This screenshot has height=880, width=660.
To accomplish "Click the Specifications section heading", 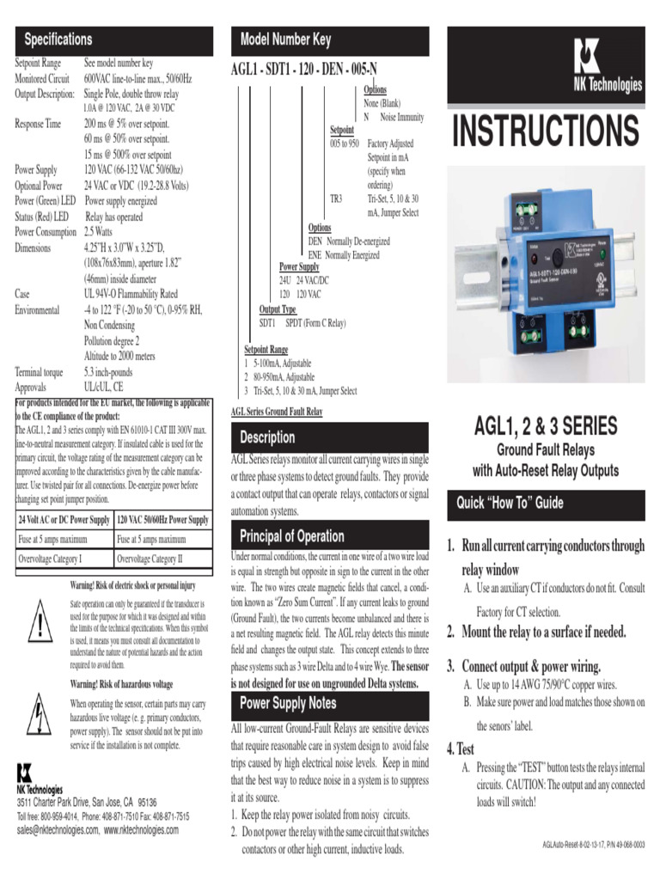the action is coord(58,39).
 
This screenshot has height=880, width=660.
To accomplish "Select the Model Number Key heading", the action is coord(284,39).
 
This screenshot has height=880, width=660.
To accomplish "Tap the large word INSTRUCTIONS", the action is coord(546,131).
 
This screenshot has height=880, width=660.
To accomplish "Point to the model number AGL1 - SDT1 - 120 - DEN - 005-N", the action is coord(303,69).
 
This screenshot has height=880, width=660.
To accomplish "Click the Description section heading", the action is coord(267,437).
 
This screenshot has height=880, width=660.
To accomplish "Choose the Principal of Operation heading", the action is coord(292,536).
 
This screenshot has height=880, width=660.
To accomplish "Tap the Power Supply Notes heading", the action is coord(288,703).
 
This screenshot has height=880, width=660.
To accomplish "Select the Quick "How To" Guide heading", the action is coord(510,503).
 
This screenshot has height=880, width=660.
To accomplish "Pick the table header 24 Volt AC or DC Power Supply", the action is coord(64,520).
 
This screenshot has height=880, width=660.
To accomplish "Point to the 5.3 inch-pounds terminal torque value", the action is coord(108,372).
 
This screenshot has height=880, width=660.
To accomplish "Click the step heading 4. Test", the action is coord(460,749).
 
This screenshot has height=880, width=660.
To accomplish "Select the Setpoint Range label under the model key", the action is coord(266,350).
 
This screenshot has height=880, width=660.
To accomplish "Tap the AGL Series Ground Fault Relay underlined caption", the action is coord(277,412).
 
